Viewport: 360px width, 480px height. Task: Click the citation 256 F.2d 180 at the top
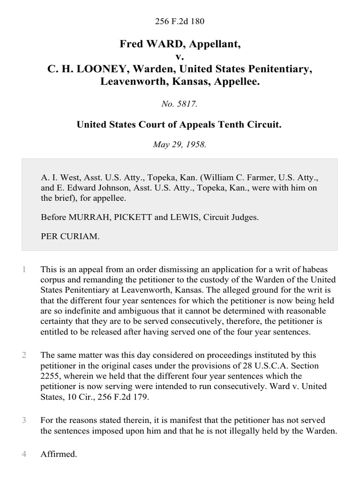(x=180, y=21)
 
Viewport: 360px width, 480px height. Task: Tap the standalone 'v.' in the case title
(x=180, y=57)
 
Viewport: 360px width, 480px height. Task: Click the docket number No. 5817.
(x=180, y=105)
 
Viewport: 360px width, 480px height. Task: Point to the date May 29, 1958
(x=180, y=144)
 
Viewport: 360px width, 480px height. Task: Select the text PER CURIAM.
(x=70, y=236)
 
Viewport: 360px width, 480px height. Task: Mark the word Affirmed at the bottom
(x=59, y=454)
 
